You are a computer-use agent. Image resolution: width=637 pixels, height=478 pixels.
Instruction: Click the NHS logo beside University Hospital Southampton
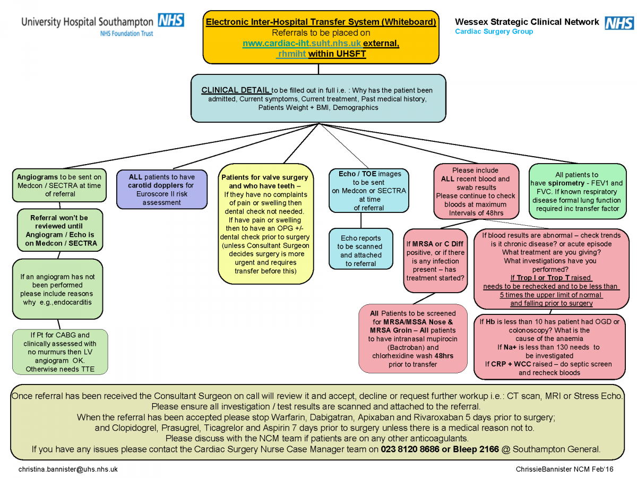[x=170, y=20]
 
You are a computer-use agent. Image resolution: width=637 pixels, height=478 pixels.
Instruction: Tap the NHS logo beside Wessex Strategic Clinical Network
[x=619, y=23]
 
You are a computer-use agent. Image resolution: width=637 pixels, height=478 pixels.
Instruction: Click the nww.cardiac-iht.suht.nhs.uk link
[x=302, y=43]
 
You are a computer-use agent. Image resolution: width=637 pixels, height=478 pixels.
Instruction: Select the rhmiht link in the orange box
[x=291, y=54]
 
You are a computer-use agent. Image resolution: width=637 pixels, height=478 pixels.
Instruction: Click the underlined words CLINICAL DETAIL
[x=235, y=90]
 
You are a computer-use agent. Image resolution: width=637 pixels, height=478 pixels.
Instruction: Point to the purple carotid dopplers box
[x=161, y=189]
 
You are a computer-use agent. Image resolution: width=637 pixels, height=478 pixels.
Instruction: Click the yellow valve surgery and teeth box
[x=265, y=224]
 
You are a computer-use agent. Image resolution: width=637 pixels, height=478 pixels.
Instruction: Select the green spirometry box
[x=577, y=192]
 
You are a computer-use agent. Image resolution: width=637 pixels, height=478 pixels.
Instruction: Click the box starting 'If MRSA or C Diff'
[x=435, y=261]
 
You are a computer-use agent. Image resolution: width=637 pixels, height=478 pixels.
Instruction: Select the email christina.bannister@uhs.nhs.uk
[x=68, y=469]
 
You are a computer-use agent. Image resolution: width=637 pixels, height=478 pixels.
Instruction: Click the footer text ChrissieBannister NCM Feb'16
[x=564, y=469]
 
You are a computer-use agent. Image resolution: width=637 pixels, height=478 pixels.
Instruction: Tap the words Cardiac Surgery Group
[x=494, y=32]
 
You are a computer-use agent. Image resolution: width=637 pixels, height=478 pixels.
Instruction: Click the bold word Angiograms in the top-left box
[x=37, y=177]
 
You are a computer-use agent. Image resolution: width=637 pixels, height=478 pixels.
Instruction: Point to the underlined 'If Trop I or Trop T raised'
[x=551, y=278]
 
